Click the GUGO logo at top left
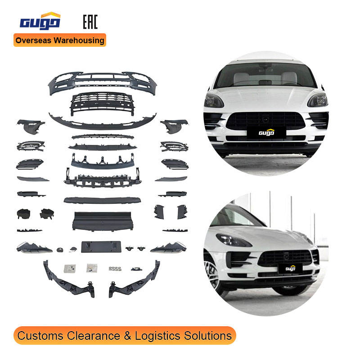tap(40, 21)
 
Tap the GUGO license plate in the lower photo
tap(290, 269)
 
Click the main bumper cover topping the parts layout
tap(103, 80)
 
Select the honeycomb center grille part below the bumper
tap(103, 102)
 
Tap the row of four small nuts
tap(114, 269)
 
